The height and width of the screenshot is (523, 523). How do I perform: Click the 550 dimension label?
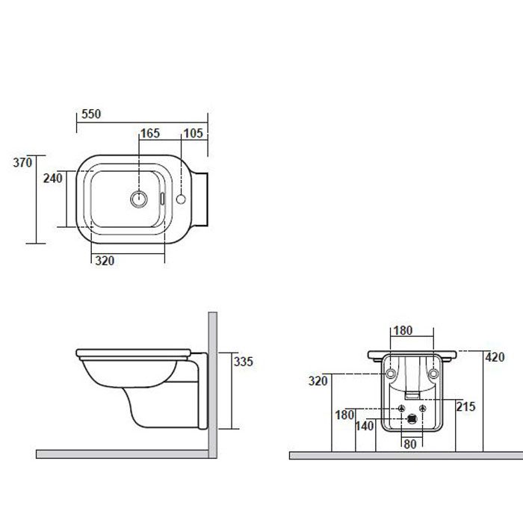click(91, 114)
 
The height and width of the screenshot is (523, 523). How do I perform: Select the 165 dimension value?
click(150, 134)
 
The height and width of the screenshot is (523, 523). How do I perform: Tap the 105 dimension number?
click(193, 134)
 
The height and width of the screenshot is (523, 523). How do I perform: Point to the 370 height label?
click(22, 162)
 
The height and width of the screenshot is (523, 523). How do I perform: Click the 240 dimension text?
click(53, 179)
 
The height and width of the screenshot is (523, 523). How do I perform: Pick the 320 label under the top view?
click(105, 261)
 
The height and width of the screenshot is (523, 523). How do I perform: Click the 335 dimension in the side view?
click(243, 362)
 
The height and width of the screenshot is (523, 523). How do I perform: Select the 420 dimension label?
click(495, 357)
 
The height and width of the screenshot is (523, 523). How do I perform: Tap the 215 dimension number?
click(465, 406)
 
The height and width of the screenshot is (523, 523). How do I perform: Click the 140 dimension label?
click(365, 426)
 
